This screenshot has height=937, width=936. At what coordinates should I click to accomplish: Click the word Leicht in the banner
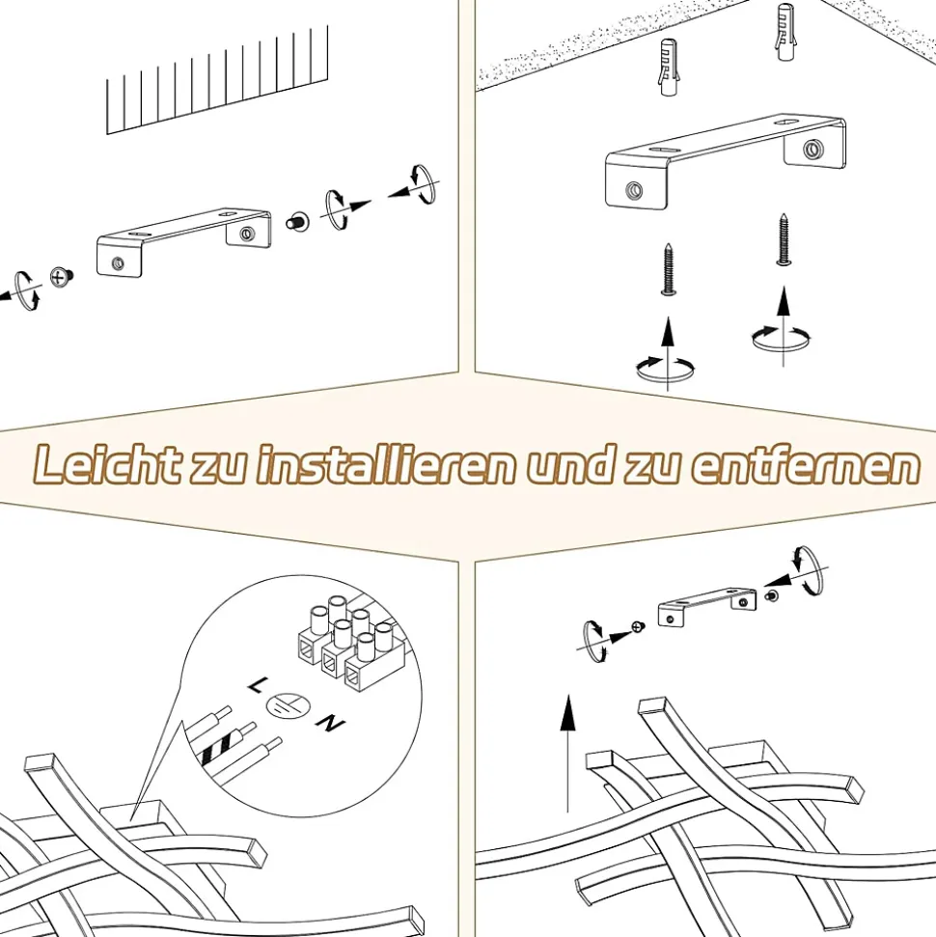coord(107,464)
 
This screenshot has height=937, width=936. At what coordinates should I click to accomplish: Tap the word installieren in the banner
coord(386,464)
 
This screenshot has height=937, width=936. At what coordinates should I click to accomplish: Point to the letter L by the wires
coord(256,686)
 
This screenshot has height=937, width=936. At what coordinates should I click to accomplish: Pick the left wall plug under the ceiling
coord(669,68)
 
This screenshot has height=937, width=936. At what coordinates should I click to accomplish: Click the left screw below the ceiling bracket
coord(670,269)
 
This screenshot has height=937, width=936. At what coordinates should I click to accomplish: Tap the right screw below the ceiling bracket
coord(784,239)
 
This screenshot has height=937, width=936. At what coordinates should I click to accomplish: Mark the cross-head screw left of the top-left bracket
coord(61,277)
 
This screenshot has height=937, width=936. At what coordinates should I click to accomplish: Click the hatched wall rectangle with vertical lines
coord(217,80)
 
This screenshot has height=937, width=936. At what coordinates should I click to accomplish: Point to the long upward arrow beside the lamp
coord(567,753)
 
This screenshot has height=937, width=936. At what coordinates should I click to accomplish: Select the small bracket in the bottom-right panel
coord(706,607)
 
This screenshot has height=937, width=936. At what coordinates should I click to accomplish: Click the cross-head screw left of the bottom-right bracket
coord(639,627)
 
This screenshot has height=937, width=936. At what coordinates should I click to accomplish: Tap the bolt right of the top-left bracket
coord(297,222)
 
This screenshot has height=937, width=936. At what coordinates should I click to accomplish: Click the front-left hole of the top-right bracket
coord(634,191)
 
